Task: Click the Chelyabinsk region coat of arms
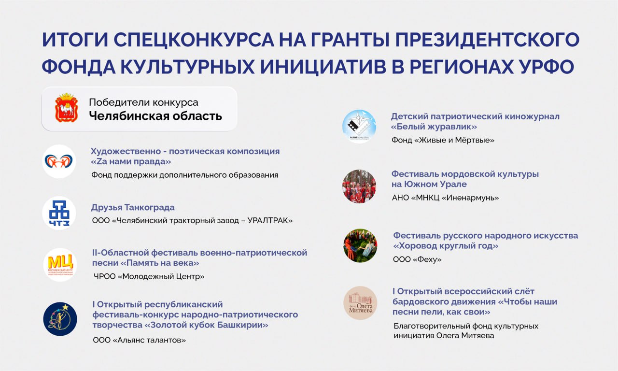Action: coord(67,108)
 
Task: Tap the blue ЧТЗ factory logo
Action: coord(59,213)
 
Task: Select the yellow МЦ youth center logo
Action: coord(60,265)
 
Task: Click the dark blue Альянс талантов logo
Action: coord(60,319)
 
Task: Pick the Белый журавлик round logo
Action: coord(359,127)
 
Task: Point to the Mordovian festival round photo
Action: coord(359,186)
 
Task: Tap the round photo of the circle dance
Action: coord(360,245)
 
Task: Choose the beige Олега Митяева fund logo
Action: coord(360,303)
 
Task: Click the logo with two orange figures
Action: coord(59,161)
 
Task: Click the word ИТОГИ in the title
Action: coord(75,40)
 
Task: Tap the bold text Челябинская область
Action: coord(155,116)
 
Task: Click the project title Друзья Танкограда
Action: coord(133,207)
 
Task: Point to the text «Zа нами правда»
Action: coord(131,161)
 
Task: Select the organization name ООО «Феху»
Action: coord(417,259)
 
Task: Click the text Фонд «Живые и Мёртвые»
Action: coord(443,140)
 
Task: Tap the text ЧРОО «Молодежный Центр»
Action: coord(149,276)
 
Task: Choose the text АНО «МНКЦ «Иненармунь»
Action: coord(445,198)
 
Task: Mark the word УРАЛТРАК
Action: coord(270,221)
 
